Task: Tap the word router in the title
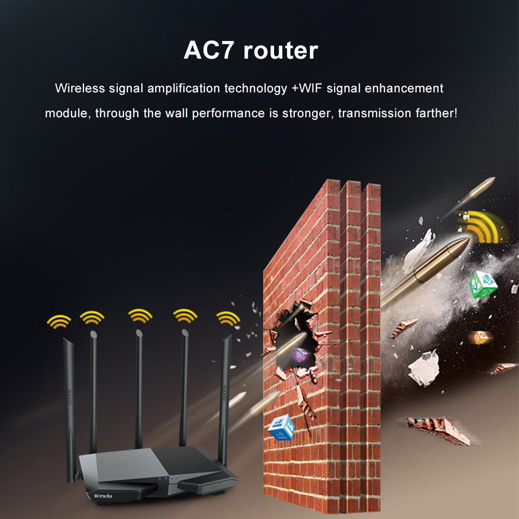[280, 51]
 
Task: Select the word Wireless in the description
[80, 88]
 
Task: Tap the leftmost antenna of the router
[71, 394]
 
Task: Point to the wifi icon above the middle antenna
[140, 315]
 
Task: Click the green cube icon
[483, 284]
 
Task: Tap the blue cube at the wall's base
[281, 427]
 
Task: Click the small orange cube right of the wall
[477, 338]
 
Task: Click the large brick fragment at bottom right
[439, 428]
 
